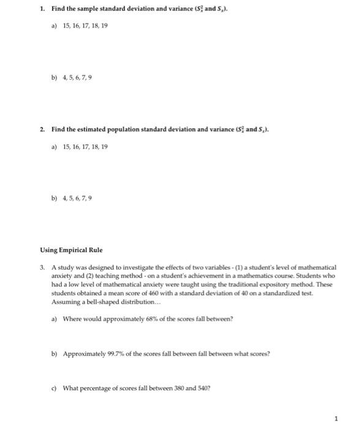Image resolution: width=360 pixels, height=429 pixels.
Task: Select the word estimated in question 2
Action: coord(91,130)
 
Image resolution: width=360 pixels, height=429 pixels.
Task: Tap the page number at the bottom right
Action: coord(336,419)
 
